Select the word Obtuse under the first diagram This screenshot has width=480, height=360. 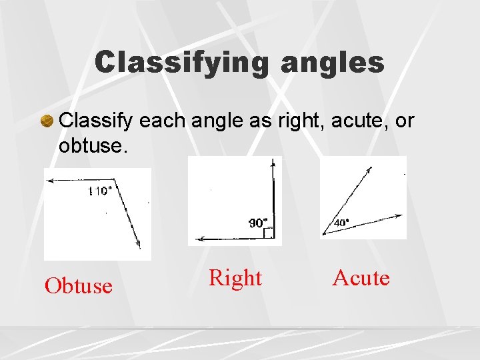[78, 285]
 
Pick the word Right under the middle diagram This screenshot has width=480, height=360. [235, 277]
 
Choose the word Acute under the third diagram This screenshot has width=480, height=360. [361, 277]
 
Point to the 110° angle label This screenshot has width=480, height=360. [99, 191]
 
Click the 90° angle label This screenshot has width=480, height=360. [258, 223]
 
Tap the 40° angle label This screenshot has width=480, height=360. [341, 223]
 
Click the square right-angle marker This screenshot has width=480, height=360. [268, 233]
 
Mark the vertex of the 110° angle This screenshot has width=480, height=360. [115, 179]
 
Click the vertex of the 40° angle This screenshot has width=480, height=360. [323, 234]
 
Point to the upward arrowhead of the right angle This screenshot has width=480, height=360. [272, 162]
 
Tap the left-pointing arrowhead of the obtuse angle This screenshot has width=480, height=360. [49, 179]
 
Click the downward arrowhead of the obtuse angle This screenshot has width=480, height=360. [138, 244]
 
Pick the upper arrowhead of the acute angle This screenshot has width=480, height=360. [369, 169]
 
